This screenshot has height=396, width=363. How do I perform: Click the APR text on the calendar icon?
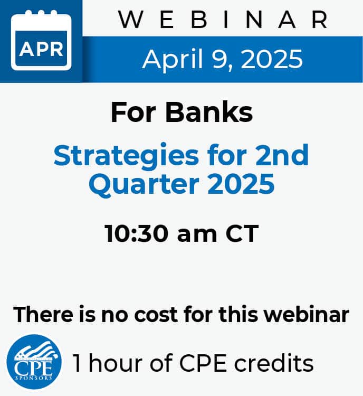coord(41,49)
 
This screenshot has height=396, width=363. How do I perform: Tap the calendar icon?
coord(41,40)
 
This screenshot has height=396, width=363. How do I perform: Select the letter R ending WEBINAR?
coord(320,20)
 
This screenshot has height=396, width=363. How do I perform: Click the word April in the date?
coord(173,60)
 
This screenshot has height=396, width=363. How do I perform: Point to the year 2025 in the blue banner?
coord(272,59)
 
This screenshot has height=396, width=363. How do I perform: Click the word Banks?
coord(209,112)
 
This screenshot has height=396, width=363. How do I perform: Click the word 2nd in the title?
coord(282,155)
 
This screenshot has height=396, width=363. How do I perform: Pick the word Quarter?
coord(144,184)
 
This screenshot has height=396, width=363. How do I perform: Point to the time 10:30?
coord(137,233)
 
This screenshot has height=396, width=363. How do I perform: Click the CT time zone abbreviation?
coord(242,233)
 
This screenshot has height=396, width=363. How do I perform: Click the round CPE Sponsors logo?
coord(34,362)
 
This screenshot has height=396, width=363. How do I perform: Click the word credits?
coord(274,363)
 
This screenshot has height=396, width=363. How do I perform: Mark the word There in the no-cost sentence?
coord(43,314)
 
